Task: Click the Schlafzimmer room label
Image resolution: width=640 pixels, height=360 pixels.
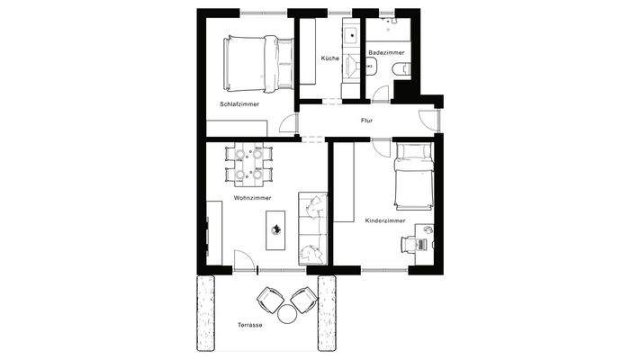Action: [239, 104]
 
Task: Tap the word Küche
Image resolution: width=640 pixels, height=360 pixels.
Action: [329, 58]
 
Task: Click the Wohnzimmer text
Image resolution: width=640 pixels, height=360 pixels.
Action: [252, 197]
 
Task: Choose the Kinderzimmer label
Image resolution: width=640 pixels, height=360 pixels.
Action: [385, 220]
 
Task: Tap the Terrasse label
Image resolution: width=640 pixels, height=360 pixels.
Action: [250, 324]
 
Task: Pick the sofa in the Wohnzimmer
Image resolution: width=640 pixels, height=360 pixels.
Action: [311, 230]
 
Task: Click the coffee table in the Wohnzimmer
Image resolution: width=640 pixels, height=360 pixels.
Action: [276, 231]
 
